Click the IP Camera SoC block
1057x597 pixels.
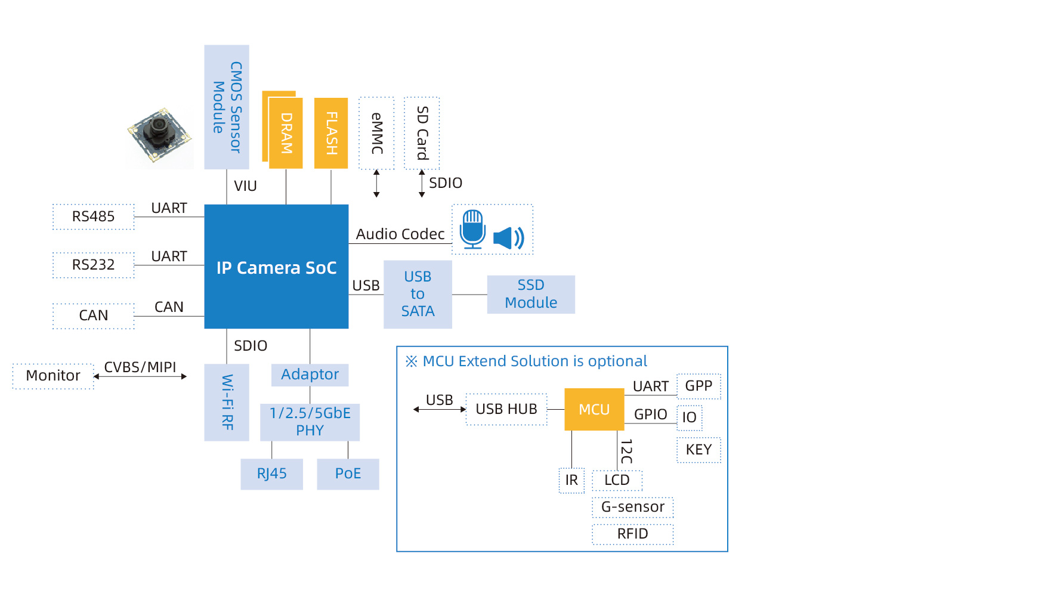click(276, 267)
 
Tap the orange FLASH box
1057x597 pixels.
click(331, 133)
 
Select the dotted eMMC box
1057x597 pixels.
click(376, 133)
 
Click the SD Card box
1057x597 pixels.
click(422, 133)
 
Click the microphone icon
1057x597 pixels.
click(473, 228)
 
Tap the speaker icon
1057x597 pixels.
click(508, 238)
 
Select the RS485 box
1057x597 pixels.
click(94, 216)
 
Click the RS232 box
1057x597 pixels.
click(94, 265)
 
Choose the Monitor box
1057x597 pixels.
click(53, 376)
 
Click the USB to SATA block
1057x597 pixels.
click(418, 294)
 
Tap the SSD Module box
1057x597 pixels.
click(531, 294)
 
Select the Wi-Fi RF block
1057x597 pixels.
click(227, 402)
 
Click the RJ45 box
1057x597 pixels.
click(271, 474)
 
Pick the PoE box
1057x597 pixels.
click(348, 474)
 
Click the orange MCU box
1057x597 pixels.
click(594, 409)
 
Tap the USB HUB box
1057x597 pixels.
click(506, 409)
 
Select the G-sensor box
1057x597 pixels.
click(632, 507)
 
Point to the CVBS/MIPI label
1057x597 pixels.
click(140, 367)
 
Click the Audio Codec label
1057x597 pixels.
click(400, 234)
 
